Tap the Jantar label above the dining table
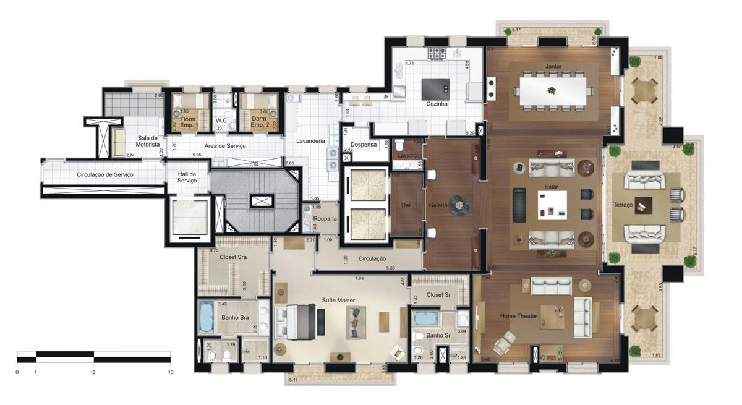point(553,66)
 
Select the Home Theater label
point(519,316)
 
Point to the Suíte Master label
point(338,300)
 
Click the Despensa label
point(364,144)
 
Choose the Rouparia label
point(325,218)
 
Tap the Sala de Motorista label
point(148,141)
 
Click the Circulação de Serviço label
point(104,174)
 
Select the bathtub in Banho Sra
point(206,317)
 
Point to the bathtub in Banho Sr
point(425,319)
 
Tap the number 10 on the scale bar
point(170,372)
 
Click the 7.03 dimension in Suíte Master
point(359,279)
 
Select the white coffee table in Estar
point(552,203)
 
